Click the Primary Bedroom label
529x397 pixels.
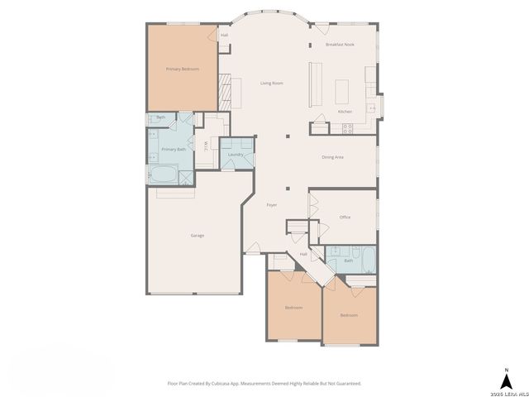pyautogui.click(x=182, y=69)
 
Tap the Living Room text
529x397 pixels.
pyautogui.click(x=272, y=84)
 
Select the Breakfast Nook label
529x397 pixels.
pyautogui.click(x=339, y=44)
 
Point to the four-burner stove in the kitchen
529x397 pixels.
pyautogui.click(x=347, y=127)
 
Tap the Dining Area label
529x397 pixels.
pyautogui.click(x=332, y=156)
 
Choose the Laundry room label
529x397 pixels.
pyautogui.click(x=236, y=155)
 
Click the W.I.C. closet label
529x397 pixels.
pyautogui.click(x=205, y=147)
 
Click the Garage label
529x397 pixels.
pyautogui.click(x=198, y=236)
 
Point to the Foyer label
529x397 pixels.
pyautogui.click(x=271, y=204)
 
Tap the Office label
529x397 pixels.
pyautogui.click(x=345, y=218)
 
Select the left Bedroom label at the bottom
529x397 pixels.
pyautogui.click(x=293, y=307)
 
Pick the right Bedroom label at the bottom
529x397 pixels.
pyautogui.click(x=349, y=314)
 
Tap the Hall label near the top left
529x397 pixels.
pyautogui.click(x=224, y=36)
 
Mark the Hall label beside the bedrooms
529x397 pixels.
pyautogui.click(x=303, y=254)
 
